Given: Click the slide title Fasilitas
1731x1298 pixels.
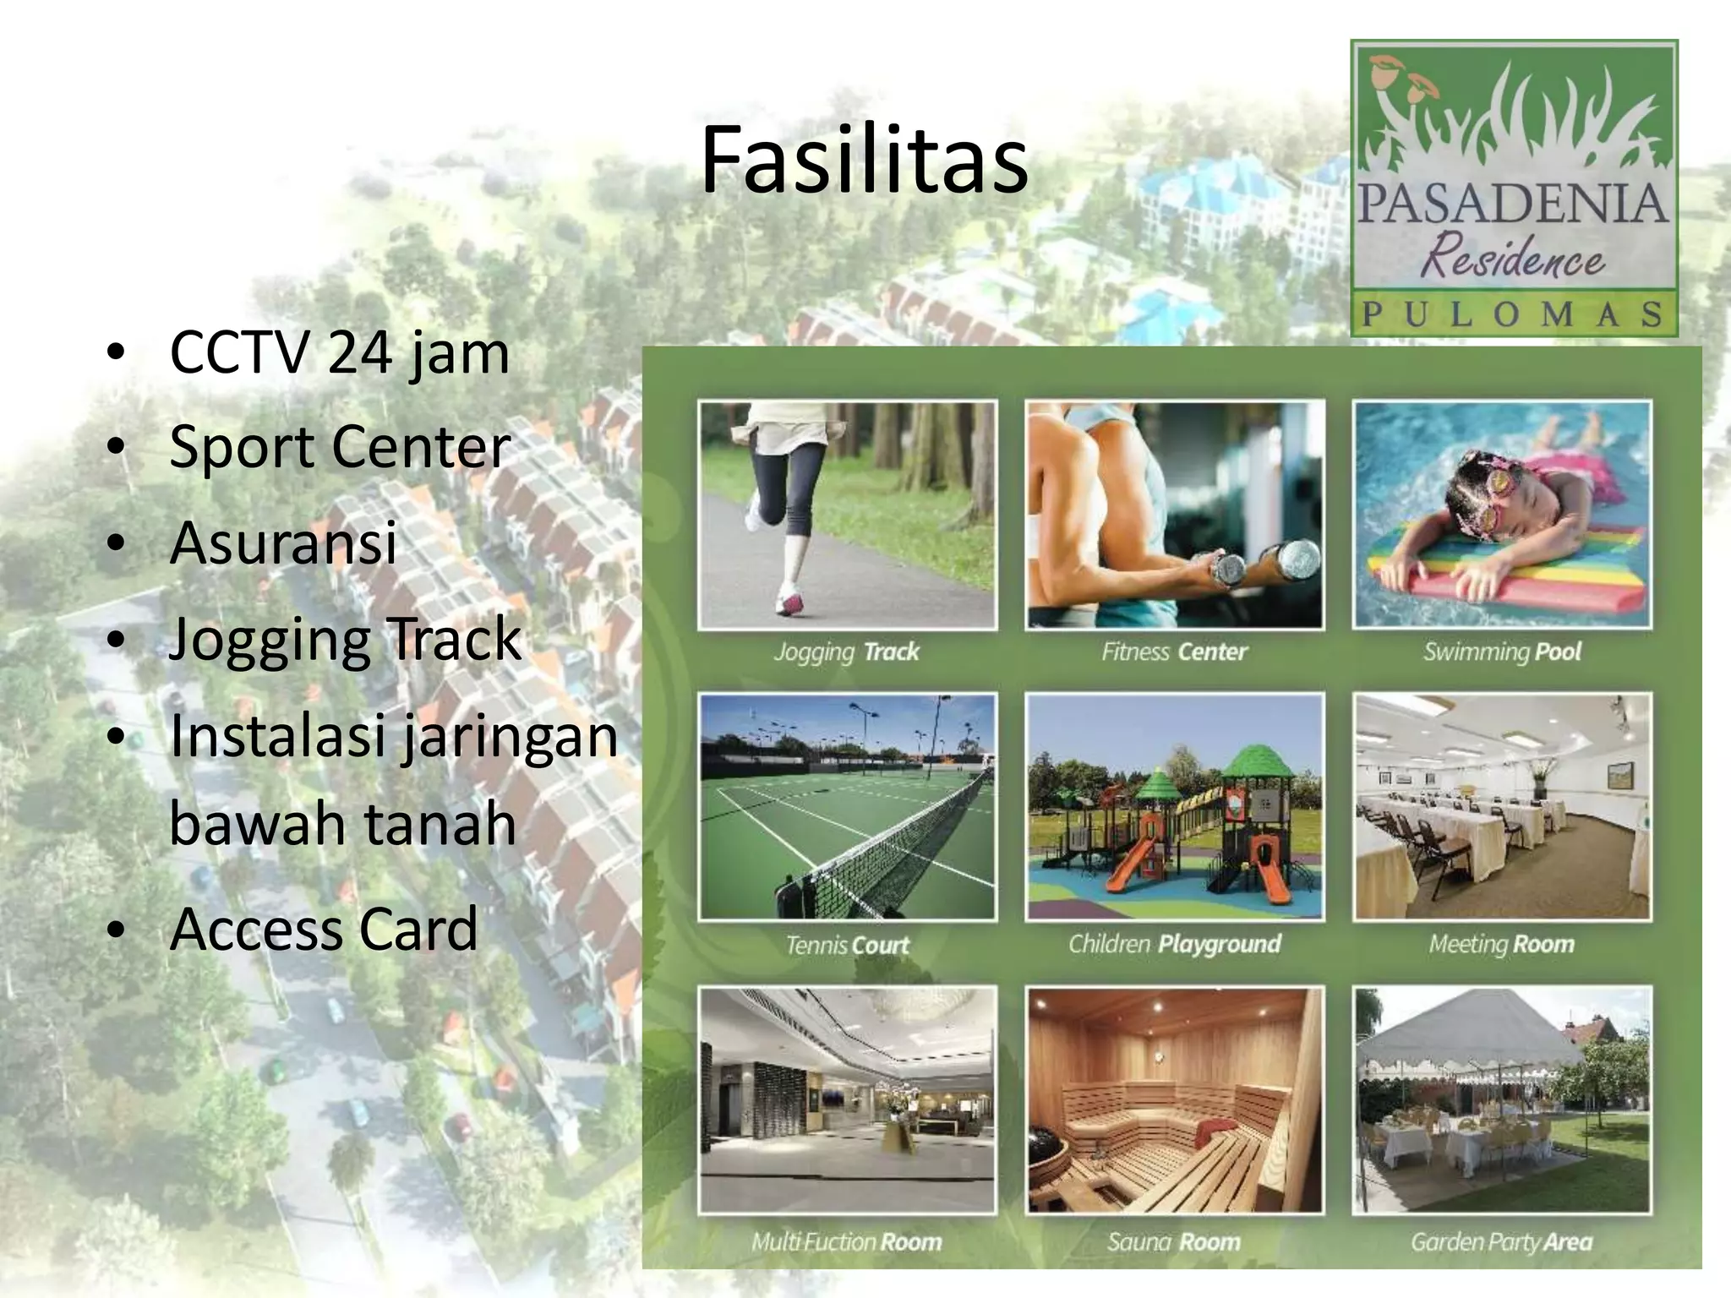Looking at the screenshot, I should pyautogui.click(x=864, y=161).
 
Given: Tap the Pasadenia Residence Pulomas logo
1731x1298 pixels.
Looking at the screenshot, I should pyautogui.click(x=1513, y=188).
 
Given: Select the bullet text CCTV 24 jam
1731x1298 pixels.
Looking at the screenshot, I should pyautogui.click(x=339, y=352).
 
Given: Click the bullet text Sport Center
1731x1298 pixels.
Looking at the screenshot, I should pyautogui.click(x=340, y=447).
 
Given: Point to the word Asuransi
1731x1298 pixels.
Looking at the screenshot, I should pyautogui.click(x=283, y=543).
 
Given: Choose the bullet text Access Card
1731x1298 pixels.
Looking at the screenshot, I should pyautogui.click(x=324, y=929).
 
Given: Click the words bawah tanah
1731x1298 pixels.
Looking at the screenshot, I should pyautogui.click(x=342, y=824).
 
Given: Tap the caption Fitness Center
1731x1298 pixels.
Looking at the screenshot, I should pyautogui.click(x=1174, y=652).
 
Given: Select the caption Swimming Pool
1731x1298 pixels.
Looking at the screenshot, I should pyautogui.click(x=1501, y=652).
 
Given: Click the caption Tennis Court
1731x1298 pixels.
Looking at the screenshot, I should pyautogui.click(x=847, y=945).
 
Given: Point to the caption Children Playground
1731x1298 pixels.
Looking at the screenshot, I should pyautogui.click(x=1174, y=944).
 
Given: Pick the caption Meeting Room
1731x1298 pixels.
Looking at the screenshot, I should pyautogui.click(x=1501, y=944).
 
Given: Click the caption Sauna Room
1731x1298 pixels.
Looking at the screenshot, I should pyautogui.click(x=1174, y=1241).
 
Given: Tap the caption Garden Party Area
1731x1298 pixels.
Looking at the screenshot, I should pyautogui.click(x=1501, y=1241).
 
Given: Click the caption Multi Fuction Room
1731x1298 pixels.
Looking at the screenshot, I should pyautogui.click(x=847, y=1241).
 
